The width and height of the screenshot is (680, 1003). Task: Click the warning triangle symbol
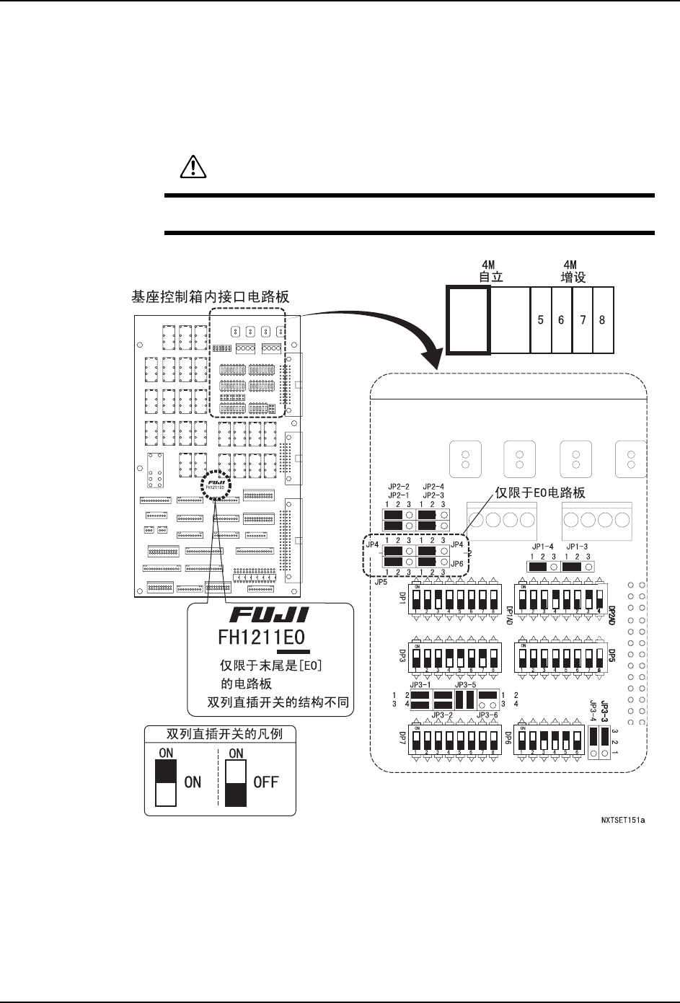click(192, 168)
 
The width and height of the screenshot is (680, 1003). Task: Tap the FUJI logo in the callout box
click(270, 615)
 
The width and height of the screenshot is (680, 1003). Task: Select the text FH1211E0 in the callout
click(262, 637)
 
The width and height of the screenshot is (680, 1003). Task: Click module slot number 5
click(541, 319)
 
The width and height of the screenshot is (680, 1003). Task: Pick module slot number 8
click(603, 319)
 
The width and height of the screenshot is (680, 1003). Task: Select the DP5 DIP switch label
click(611, 655)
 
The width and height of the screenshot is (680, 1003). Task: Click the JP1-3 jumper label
click(577, 547)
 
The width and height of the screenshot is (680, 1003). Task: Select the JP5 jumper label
click(381, 581)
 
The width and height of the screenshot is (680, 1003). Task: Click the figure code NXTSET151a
click(622, 820)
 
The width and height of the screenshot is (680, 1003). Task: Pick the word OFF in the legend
click(265, 782)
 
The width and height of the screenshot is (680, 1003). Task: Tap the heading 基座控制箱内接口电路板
click(211, 296)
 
